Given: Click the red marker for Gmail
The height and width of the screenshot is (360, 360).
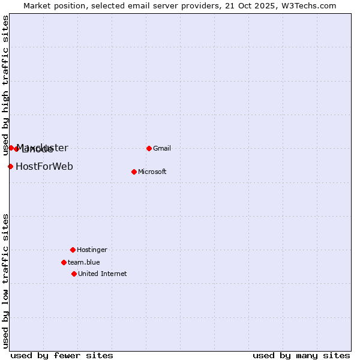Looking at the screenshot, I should click(x=149, y=148).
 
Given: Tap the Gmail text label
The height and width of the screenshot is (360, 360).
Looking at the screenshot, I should click(x=162, y=149).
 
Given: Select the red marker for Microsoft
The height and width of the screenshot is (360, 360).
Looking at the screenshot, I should click(x=134, y=172).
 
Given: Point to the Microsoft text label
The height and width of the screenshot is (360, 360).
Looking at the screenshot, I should click(x=152, y=172).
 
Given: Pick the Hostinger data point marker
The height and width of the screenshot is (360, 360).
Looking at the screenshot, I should click(x=73, y=250).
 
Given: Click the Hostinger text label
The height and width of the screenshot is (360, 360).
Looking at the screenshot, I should click(x=92, y=250).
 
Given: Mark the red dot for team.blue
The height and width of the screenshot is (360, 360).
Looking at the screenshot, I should click(x=64, y=262).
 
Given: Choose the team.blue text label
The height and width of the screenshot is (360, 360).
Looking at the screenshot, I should click(x=84, y=263).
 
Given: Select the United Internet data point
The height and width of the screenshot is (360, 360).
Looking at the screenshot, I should click(x=74, y=274).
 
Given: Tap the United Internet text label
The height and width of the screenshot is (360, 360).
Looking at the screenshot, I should click(x=103, y=274).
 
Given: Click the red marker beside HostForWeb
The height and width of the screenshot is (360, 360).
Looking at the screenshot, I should click(x=10, y=166).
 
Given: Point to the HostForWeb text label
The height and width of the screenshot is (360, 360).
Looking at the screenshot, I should click(x=44, y=167).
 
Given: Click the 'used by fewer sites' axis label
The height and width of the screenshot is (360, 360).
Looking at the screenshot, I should click(x=62, y=356).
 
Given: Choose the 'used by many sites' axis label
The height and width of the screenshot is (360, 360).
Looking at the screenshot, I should click(x=301, y=356).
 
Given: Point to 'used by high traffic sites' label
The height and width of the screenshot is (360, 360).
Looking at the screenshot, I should click(x=5, y=86).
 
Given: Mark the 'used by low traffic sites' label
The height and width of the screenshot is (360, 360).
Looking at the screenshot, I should click(x=5, y=280).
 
